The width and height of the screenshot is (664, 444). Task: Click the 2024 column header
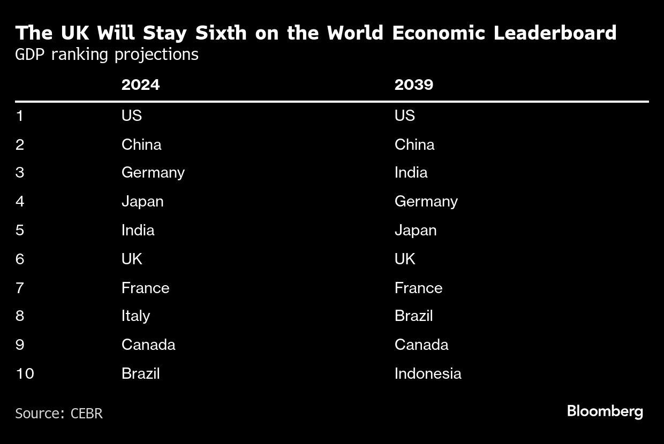coord(140,85)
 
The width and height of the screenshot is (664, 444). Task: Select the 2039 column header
coord(413,85)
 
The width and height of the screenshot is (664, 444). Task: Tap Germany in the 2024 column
coord(153,173)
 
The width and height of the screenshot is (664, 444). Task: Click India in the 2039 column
coord(411,173)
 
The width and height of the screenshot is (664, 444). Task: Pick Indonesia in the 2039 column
coord(427,373)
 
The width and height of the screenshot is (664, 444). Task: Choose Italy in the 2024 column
coord(135,316)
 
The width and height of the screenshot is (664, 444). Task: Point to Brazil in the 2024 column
coord(140,373)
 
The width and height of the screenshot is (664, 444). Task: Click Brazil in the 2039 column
coord(413,316)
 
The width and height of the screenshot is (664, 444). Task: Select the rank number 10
coord(25,373)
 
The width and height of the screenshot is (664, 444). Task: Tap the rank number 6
coord(20,259)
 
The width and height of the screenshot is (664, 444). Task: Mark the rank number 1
coord(20,116)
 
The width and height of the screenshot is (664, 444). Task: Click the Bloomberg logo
coord(605,411)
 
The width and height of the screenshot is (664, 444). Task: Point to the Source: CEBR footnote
coord(59,414)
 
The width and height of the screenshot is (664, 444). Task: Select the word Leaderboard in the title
coord(555,33)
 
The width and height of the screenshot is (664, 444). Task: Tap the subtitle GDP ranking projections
coord(107,55)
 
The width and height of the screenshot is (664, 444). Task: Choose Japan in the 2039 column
coord(415,230)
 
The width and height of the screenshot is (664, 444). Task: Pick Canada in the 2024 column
coord(148,345)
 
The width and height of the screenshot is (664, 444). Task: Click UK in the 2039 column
coord(405,259)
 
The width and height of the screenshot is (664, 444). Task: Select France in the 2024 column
coord(145,288)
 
